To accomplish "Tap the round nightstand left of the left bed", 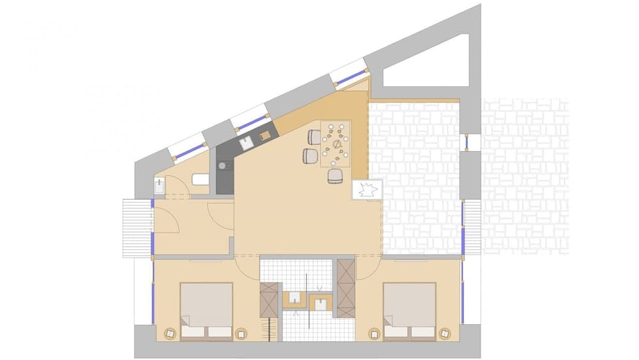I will coord(170,333).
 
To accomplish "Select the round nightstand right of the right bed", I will coord(445,333).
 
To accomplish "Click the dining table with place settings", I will coord(336,142).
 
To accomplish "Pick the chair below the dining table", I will coord(336,176).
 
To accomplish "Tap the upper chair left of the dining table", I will coord(314,136).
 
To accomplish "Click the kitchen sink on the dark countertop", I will coord(246,143).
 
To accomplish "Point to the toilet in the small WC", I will coord(201,180).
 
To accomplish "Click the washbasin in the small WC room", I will coord(160,186).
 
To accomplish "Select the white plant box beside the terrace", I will coord(367,189).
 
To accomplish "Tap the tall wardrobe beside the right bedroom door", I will coord(346,288).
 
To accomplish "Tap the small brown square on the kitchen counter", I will coord(264,135).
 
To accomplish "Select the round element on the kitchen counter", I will coord(222,166).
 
